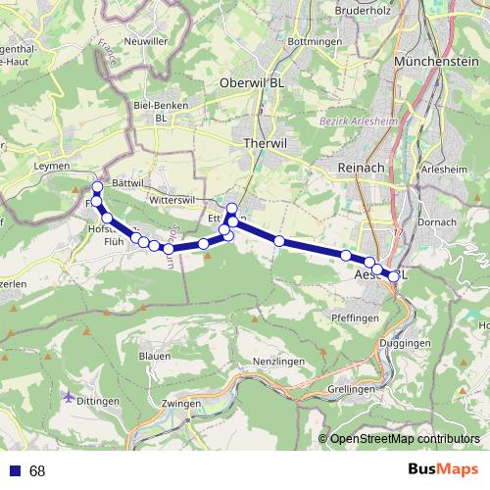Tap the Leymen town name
[52, 167]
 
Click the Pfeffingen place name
[356, 318]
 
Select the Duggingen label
[409, 344]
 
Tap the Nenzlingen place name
[273, 362]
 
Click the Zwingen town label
[182, 403]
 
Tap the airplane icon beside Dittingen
[68, 397]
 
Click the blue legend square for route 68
[14, 471]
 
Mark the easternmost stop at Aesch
[394, 276]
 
